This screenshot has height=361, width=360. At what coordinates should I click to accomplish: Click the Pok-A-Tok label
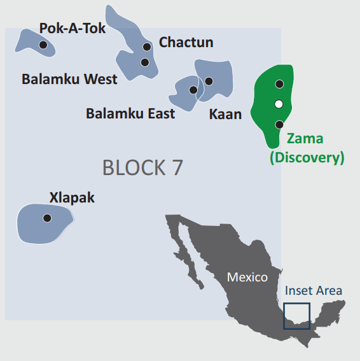pyautogui.click(x=73, y=28)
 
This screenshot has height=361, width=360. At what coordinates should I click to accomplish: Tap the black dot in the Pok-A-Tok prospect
pyautogui.click(x=43, y=45)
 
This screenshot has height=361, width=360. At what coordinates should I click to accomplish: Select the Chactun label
pyautogui.click(x=186, y=43)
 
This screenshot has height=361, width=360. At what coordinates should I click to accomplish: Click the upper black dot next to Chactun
pyautogui.click(x=147, y=46)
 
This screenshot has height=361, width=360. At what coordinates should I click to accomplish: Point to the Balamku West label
pyautogui.click(x=69, y=80)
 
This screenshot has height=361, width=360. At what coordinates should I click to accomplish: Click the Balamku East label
pyautogui.click(x=130, y=114)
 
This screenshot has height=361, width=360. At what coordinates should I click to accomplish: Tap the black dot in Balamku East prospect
pyautogui.click(x=193, y=90)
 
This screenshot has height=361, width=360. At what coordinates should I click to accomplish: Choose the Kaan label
pyautogui.click(x=225, y=115)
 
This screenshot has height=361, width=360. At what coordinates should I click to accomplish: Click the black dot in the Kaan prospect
pyautogui.click(x=209, y=81)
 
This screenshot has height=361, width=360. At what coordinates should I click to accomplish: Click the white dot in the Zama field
pyautogui.click(x=279, y=104)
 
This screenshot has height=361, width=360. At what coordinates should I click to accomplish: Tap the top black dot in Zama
pyautogui.click(x=279, y=84)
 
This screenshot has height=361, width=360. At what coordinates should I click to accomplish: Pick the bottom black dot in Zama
pyautogui.click(x=279, y=124)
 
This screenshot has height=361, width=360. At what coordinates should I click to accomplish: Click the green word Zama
pyautogui.click(x=305, y=139)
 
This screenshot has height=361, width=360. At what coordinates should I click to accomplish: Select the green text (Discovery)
pyautogui.click(x=307, y=157)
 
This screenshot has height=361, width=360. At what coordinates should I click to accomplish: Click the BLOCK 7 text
pyautogui.click(x=142, y=167)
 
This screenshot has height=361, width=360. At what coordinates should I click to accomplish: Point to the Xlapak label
pyautogui.click(x=72, y=197)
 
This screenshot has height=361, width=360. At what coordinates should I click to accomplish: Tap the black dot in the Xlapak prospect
pyautogui.click(x=47, y=218)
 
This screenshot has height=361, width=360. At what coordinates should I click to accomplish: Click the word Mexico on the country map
pyautogui.click(x=247, y=278)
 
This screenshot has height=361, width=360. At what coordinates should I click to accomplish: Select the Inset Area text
pyautogui.click(x=314, y=291)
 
